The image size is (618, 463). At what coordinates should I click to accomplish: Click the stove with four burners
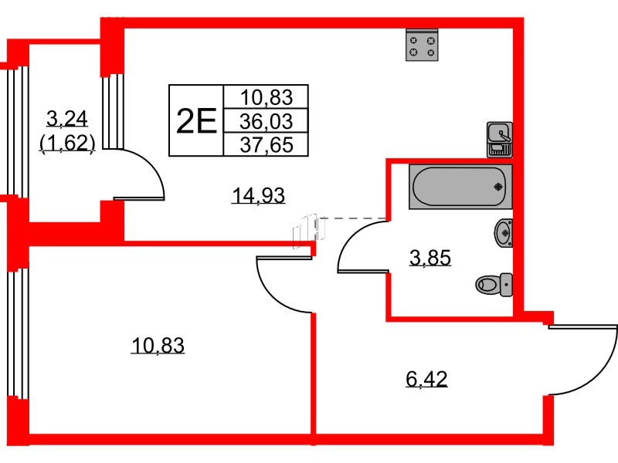click(422, 46)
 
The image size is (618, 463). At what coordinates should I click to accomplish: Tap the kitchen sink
click(498, 132)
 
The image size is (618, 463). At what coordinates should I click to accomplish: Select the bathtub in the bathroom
click(460, 185)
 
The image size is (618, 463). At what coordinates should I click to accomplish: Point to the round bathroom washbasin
click(504, 231)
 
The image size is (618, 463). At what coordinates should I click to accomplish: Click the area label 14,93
click(259, 197)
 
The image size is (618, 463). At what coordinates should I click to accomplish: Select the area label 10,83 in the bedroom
click(158, 346)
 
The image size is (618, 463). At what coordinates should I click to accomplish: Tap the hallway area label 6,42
click(426, 379)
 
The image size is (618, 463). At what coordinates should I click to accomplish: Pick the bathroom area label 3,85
click(430, 257)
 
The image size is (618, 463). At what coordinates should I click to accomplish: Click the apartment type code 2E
click(195, 121)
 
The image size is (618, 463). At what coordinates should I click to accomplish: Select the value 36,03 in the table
click(267, 121)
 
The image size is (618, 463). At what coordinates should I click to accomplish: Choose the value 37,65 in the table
click(267, 144)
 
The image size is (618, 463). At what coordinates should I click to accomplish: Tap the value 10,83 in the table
click(267, 97)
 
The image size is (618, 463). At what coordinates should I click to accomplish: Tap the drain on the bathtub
click(498, 186)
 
